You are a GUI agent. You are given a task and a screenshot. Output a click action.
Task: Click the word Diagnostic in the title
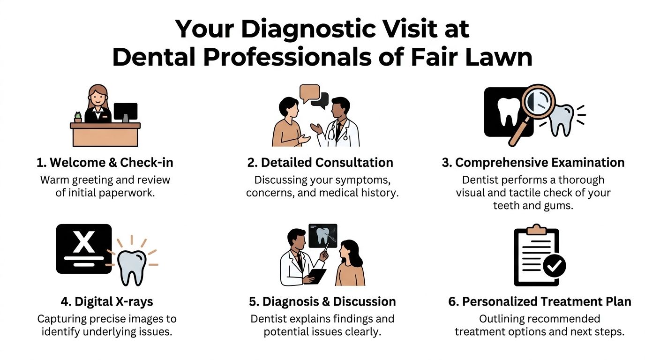click(308, 30)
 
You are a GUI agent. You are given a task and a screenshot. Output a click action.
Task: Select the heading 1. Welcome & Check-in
click(105, 163)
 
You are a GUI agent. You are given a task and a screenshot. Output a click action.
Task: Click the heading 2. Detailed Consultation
click(320, 163)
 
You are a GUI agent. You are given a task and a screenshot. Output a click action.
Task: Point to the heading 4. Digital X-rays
click(107, 302)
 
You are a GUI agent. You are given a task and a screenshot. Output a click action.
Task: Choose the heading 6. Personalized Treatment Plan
click(540, 302)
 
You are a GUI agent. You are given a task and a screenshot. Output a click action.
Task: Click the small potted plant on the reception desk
click(78, 117)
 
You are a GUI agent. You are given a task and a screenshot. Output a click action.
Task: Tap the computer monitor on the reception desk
click(126, 112)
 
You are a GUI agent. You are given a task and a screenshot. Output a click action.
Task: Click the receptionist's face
click(97, 99)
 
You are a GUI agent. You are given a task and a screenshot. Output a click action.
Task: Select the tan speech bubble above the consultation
click(310, 93)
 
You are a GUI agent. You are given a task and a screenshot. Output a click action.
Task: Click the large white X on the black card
click(83, 242)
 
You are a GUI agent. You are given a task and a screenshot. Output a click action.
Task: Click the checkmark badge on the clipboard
click(554, 265)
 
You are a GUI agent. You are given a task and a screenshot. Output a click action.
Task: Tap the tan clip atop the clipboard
click(536, 229)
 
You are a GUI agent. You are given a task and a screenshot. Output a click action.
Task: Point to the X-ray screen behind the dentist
click(323, 236)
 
